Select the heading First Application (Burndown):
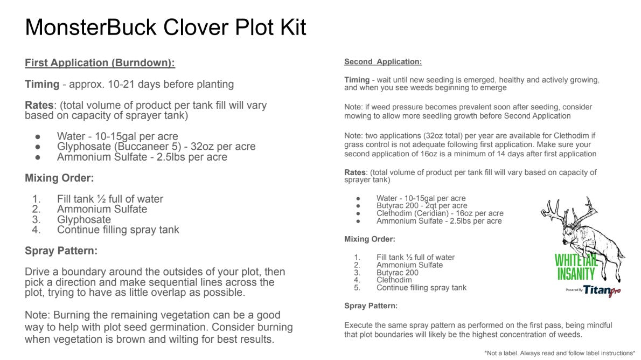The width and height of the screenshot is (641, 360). [100, 63]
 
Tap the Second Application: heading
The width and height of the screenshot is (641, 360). [383, 62]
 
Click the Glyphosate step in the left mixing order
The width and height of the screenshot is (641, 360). [83, 219]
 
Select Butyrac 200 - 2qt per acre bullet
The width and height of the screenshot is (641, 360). [422, 206]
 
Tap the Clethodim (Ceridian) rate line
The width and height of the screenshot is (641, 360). [440, 213]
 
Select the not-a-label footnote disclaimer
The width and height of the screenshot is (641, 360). [559, 353]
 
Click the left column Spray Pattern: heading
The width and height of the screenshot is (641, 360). [61, 251]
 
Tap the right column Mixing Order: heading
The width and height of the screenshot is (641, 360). [370, 239]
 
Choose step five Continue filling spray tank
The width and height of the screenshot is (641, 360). [421, 288]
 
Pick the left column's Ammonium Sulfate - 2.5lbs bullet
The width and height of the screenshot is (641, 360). [142, 157]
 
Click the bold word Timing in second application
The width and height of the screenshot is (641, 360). [357, 80]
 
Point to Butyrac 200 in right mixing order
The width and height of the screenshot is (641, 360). [397, 273]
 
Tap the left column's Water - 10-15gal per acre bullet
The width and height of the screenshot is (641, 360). [117, 136]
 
